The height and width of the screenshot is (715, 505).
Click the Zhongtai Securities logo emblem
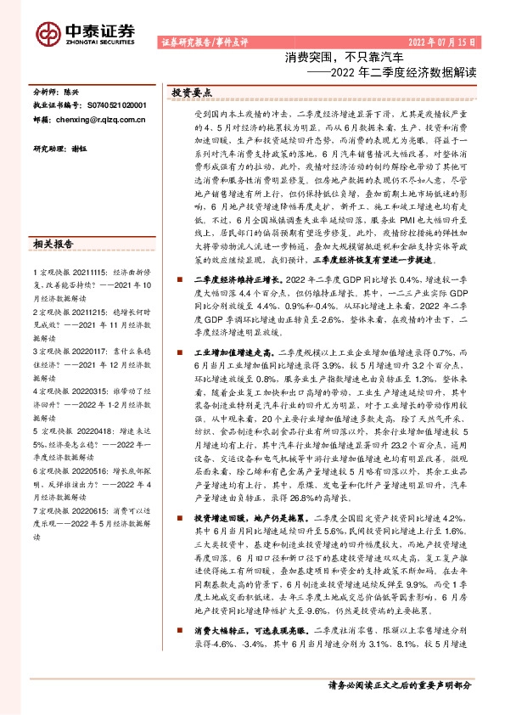click(47, 34)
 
